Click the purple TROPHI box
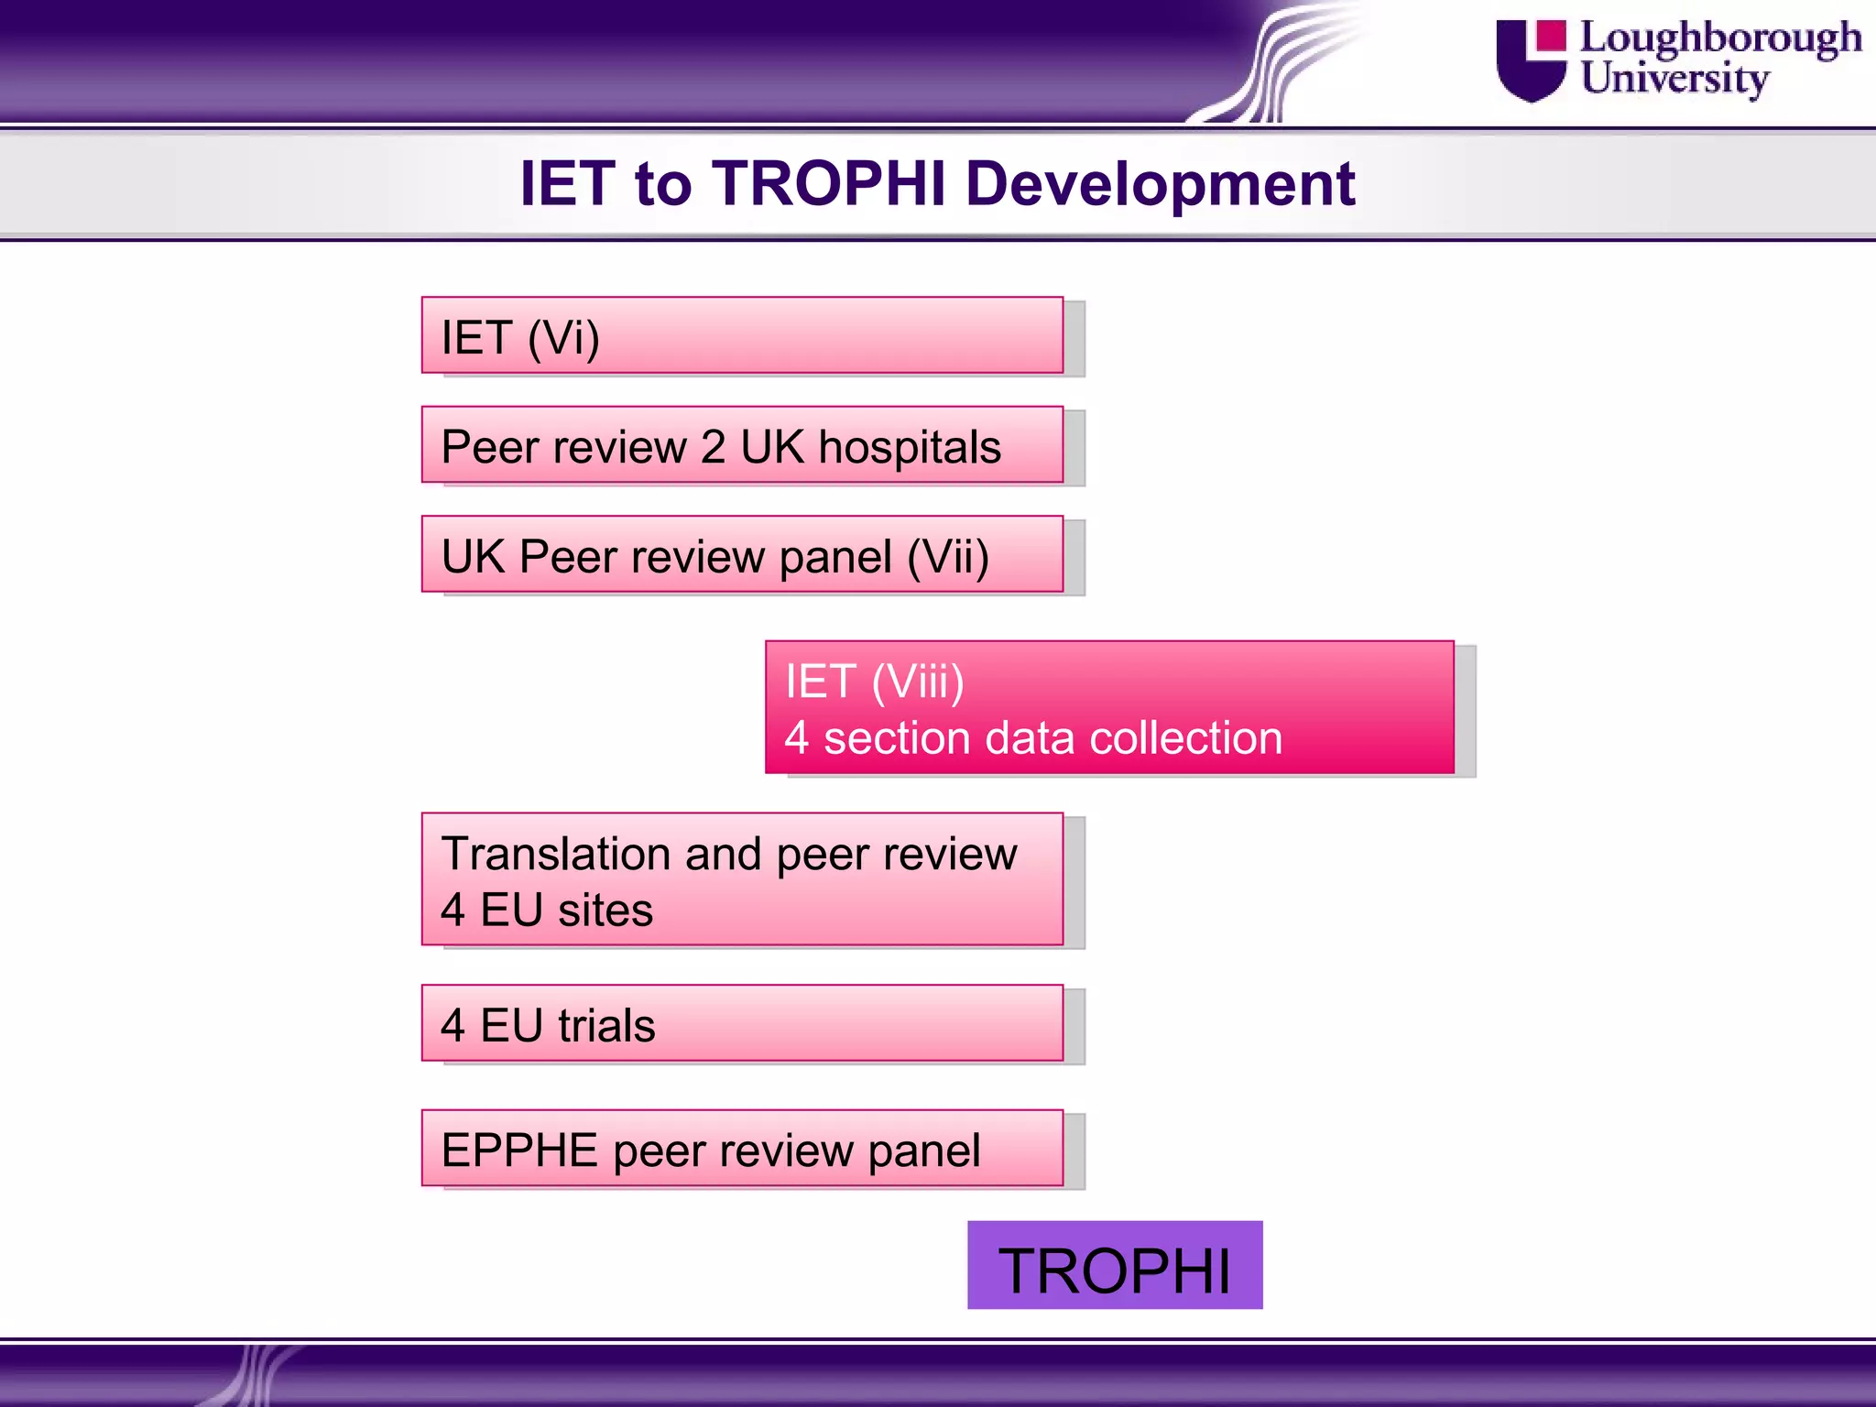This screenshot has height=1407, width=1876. (1114, 1265)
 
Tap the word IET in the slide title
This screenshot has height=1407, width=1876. (566, 184)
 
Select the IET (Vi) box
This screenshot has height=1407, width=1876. (742, 335)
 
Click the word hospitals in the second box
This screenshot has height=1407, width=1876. (909, 448)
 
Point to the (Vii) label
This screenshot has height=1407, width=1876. (947, 557)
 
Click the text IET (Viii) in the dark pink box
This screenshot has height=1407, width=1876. (874, 682)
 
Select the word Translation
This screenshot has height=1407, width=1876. (555, 854)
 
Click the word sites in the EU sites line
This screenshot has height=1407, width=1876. (605, 911)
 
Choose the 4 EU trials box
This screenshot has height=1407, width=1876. (742, 1023)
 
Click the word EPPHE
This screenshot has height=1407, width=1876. (519, 1151)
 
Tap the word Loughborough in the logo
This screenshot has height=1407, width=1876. (1720, 38)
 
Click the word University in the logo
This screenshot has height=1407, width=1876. (1674, 79)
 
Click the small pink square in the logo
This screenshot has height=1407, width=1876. (1551, 35)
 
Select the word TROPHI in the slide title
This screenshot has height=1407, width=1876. (828, 184)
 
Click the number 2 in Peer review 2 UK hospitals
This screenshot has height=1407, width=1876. (713, 448)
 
